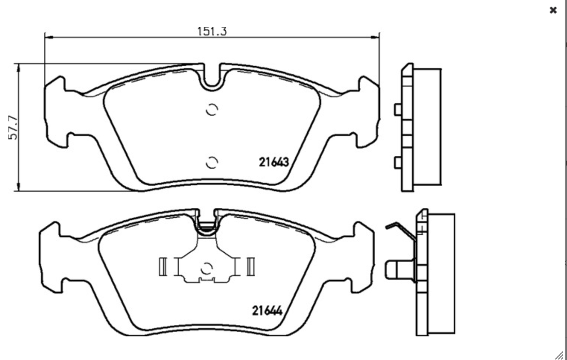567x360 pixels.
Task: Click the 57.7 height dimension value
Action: pyautogui.click(x=13, y=128)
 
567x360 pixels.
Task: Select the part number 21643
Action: pyautogui.click(x=274, y=162)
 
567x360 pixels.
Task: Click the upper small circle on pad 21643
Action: pyautogui.click(x=212, y=110)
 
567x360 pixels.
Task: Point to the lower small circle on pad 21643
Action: pyautogui.click(x=212, y=162)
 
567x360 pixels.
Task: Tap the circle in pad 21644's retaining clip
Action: pyautogui.click(x=206, y=268)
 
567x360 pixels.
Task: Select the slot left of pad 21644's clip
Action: pyautogui.click(x=162, y=266)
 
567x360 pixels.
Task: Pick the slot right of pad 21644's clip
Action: pyautogui.click(x=250, y=266)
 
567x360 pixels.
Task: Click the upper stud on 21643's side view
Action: pyautogui.click(x=397, y=110)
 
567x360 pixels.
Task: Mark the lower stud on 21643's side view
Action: pyautogui.click(x=397, y=163)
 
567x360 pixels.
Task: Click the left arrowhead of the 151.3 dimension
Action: pyautogui.click(x=48, y=37)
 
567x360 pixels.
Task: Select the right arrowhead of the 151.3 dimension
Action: pyautogui.click(x=377, y=37)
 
